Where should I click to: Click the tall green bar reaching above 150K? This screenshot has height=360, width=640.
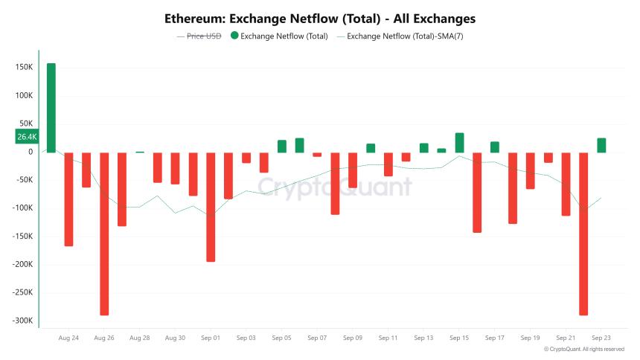pos(51,108)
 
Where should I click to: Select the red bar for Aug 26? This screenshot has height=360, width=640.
pos(104,233)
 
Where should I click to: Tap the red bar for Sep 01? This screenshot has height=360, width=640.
pos(211,207)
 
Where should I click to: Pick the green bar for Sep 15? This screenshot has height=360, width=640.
pos(459,143)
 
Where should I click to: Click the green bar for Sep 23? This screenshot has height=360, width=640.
pos(601,145)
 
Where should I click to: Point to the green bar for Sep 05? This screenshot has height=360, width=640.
pos(282,146)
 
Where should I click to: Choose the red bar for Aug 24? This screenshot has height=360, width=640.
pos(68,199)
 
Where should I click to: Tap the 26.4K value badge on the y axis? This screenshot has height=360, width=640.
pos(27,137)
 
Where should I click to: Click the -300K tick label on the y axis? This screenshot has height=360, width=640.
pos(22,321)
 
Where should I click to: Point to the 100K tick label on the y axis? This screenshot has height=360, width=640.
pos(23,95)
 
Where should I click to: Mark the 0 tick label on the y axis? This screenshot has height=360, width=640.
pos(30,152)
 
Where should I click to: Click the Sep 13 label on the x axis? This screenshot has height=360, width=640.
pos(423,338)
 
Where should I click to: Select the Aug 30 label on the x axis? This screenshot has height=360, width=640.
pos(175,338)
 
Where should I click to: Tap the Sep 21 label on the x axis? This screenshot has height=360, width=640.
pos(566,338)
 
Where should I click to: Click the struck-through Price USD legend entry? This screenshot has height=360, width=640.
pos(199,35)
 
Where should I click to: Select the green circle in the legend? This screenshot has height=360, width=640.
pos(234,35)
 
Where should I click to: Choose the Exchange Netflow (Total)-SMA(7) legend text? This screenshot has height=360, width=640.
pos(406,35)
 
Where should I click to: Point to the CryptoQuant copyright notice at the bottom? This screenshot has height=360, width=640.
pos(584,349)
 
